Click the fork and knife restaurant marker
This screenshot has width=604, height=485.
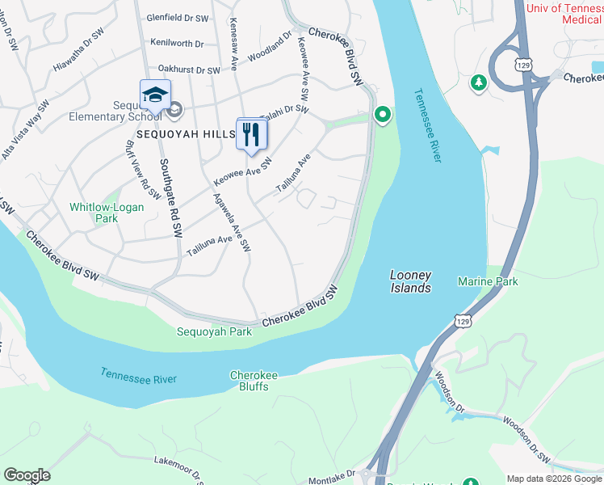251,134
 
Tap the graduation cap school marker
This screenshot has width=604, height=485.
153,96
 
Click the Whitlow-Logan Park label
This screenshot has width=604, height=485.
107,213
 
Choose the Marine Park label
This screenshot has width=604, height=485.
488,281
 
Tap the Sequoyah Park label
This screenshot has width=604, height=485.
215,331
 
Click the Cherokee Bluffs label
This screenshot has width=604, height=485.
254,381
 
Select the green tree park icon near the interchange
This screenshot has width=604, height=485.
479,82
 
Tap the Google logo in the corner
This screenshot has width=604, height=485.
27,475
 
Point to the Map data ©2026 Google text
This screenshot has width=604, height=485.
553,479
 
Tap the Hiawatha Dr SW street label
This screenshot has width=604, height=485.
80,57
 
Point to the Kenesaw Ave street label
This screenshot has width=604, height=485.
234,34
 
